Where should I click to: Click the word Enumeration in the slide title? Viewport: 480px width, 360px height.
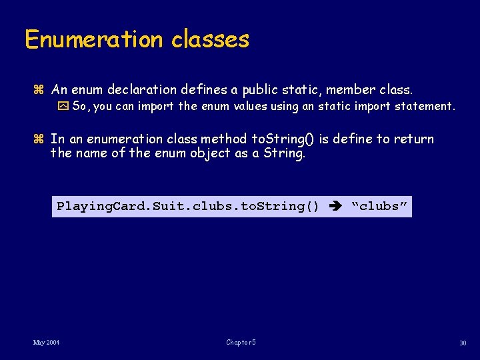[x=94, y=39]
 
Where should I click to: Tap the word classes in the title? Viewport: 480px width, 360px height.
[x=210, y=39]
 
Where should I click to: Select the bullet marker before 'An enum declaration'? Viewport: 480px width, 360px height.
[x=38, y=89]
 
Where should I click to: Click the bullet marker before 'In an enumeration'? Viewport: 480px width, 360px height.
[x=38, y=139]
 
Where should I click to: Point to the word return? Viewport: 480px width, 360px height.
[x=413, y=139]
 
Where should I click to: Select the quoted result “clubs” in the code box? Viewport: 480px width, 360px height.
[x=379, y=206]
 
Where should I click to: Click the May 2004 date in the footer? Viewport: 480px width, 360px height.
[x=46, y=343]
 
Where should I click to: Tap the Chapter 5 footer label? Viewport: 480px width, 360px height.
[x=241, y=343]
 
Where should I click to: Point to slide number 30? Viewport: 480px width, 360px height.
[x=462, y=343]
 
